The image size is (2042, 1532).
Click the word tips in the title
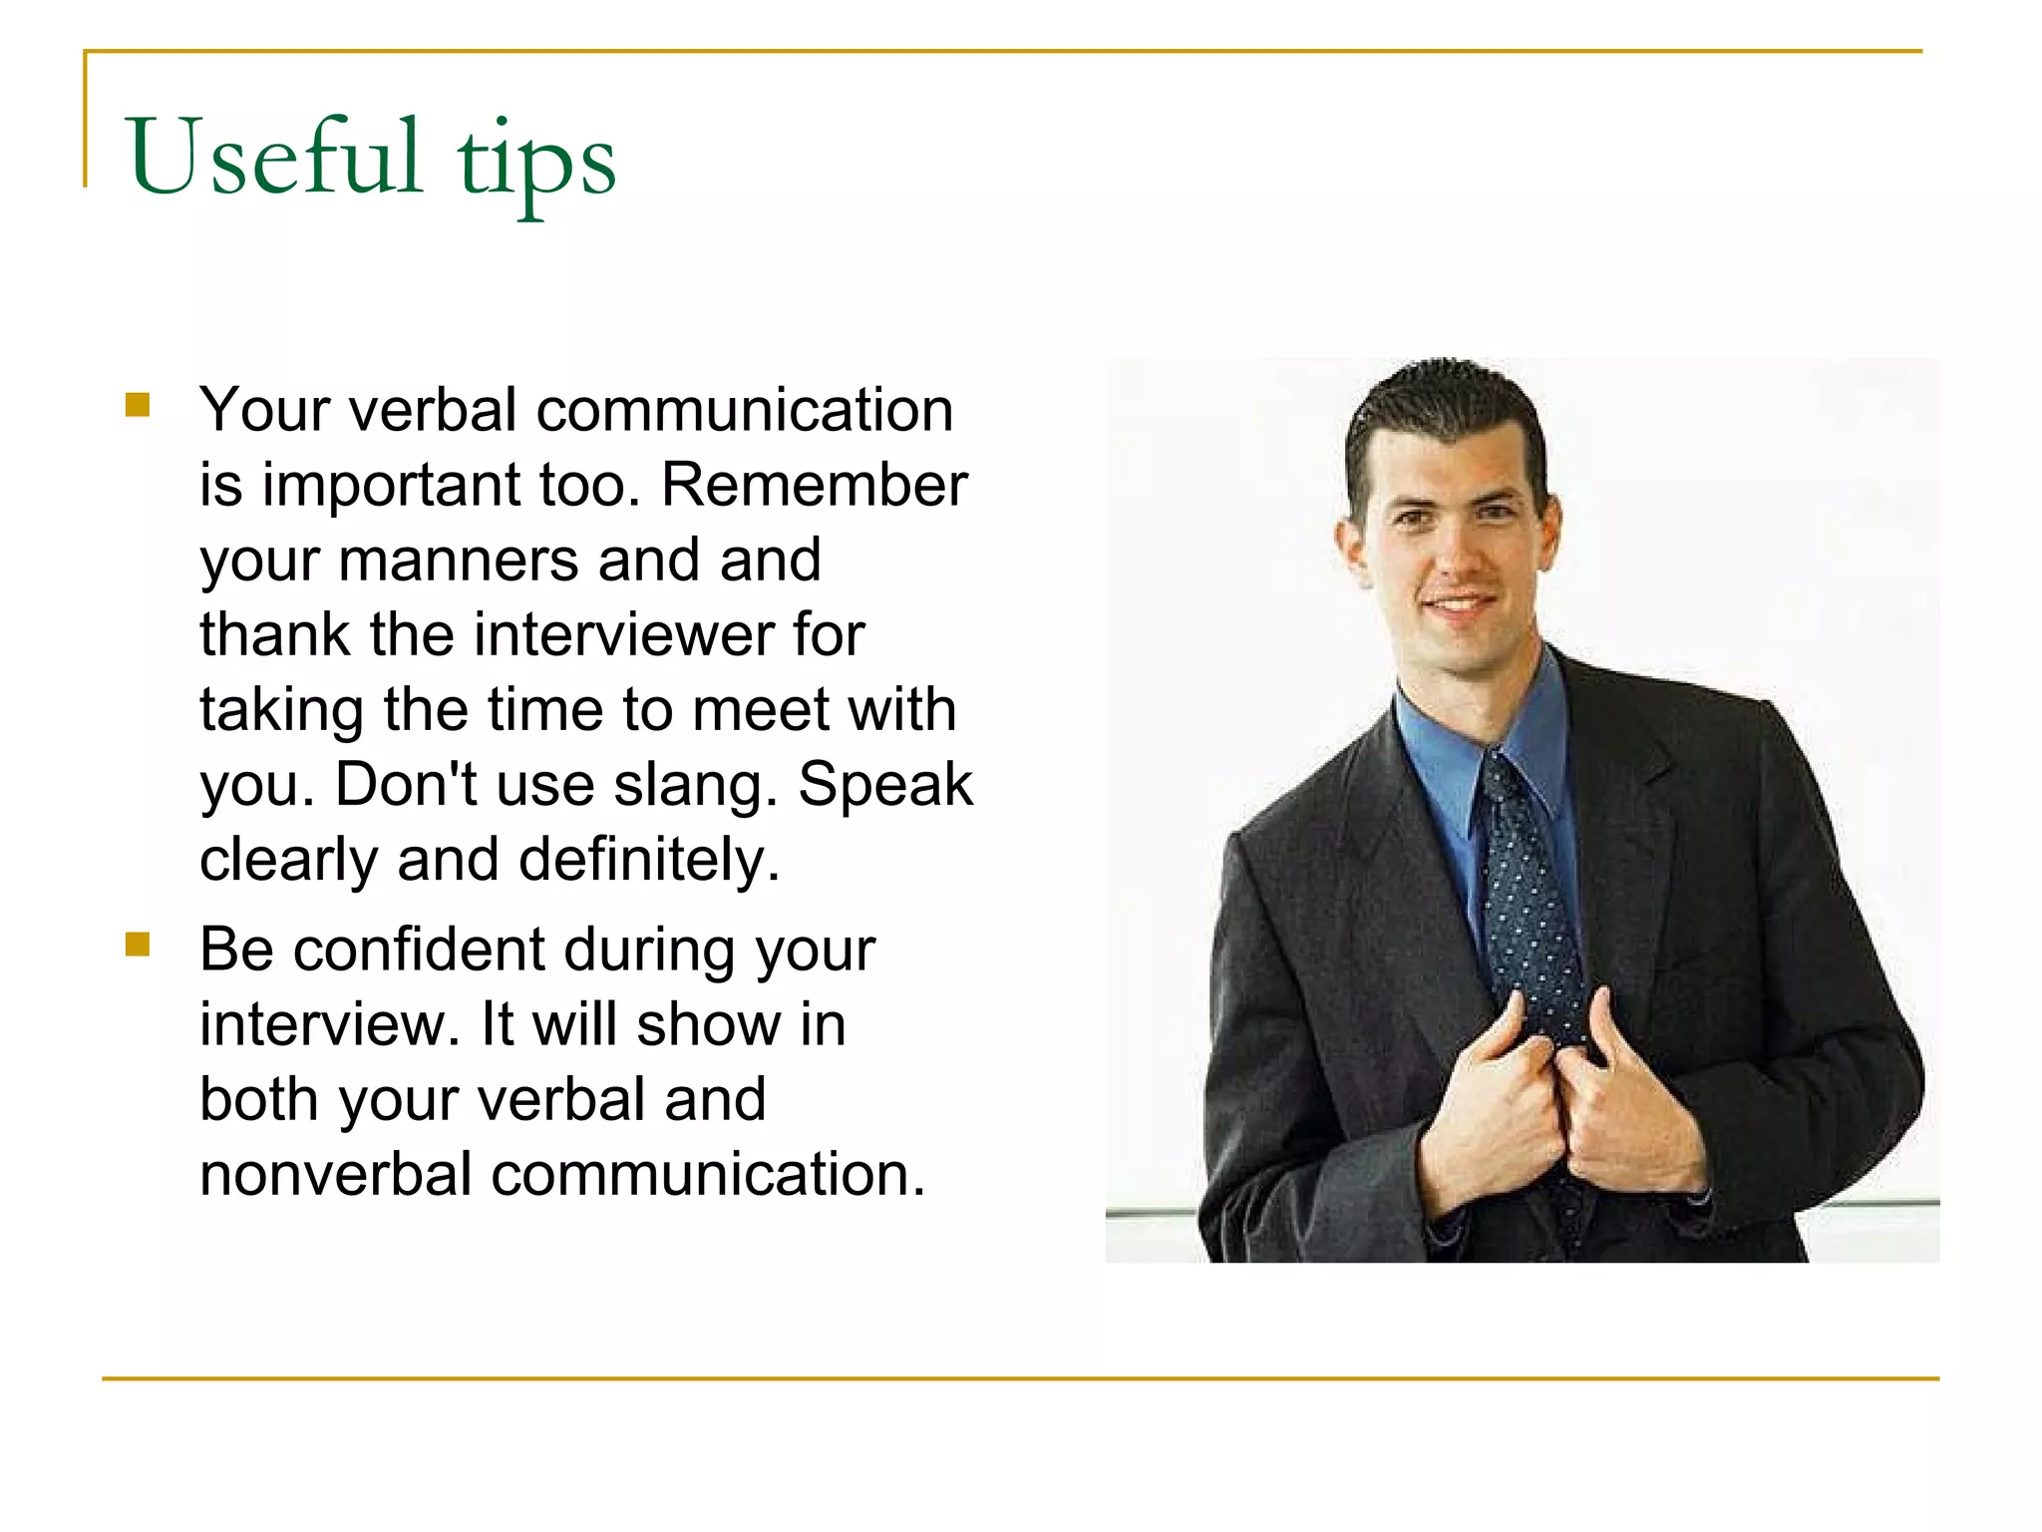point(536,163)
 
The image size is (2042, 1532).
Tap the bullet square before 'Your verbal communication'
point(138,405)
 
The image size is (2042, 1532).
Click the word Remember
point(814,486)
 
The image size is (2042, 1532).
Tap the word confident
point(419,950)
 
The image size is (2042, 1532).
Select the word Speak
point(884,786)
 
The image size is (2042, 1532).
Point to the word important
point(391,486)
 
